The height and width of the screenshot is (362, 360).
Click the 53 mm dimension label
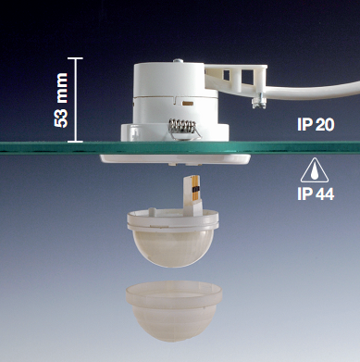pyautogui.click(x=61, y=100)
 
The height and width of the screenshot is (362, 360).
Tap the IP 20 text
pyautogui.click(x=316, y=125)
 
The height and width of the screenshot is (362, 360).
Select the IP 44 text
pyautogui.click(x=316, y=194)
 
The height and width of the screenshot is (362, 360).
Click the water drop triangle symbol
pyautogui.click(x=315, y=170)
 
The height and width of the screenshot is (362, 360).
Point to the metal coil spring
pyautogui.click(x=182, y=127)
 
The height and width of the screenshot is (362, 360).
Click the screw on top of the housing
pyautogui.click(x=178, y=60)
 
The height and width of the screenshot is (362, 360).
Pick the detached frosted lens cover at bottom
pyautogui.click(x=174, y=310)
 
